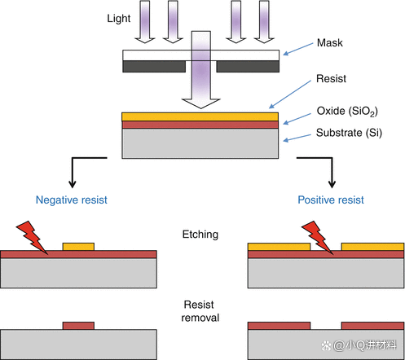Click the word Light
pos(119,19)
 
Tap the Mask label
pos(330,43)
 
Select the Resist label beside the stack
pos(331,79)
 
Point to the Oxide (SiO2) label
pos(347,111)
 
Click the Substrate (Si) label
pos(349,133)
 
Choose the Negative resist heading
pos(72,200)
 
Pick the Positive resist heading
pos(331,200)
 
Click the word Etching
pos(200,235)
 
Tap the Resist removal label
pos(200,311)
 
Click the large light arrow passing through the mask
pos(201,70)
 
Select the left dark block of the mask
pos(154,67)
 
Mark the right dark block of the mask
pos(248,67)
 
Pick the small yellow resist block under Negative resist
pos(78,247)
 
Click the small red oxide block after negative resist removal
pos(78,326)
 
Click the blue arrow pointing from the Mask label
pos(298,49)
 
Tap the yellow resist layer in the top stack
pos(200,116)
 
